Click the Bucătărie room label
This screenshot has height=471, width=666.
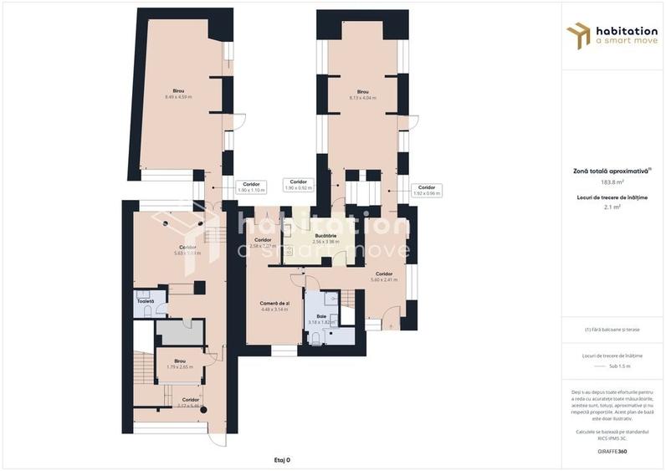click(325, 236)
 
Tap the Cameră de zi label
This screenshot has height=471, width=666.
click(274, 303)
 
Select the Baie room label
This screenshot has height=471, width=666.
click(322, 316)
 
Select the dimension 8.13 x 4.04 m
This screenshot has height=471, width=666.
click(362, 98)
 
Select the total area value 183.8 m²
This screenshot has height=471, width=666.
click(612, 182)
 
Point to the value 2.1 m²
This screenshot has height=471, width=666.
click(612, 206)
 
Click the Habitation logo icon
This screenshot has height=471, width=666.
click(577, 35)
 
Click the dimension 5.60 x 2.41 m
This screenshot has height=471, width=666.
click(384, 280)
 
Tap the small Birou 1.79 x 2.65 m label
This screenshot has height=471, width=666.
click(178, 366)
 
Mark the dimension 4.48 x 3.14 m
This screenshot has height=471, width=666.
click(274, 310)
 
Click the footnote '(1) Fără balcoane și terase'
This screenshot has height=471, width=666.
click(612, 330)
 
